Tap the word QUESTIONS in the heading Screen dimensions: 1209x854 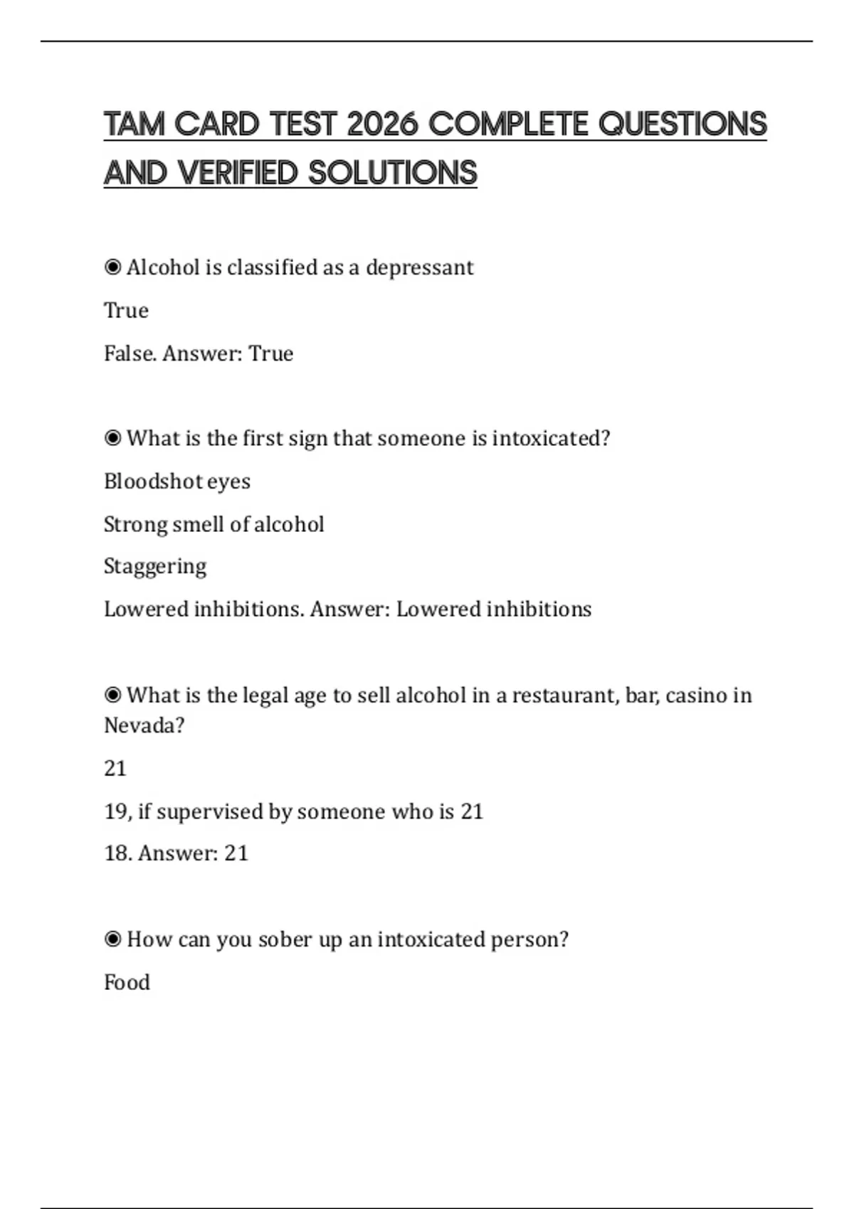pyautogui.click(x=682, y=124)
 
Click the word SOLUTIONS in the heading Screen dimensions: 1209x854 pyautogui.click(x=393, y=173)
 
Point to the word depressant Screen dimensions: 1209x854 pyautogui.click(x=419, y=268)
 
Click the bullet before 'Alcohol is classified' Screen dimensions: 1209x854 pyautogui.click(x=112, y=267)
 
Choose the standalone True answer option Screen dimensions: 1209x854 pyautogui.click(x=126, y=311)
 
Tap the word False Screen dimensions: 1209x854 pyautogui.click(x=130, y=353)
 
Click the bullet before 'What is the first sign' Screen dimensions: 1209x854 pyautogui.click(x=112, y=438)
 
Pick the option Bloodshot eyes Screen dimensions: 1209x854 pyautogui.click(x=177, y=481)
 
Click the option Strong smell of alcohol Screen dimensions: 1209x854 pyautogui.click(x=213, y=524)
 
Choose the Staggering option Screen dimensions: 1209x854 pyautogui.click(x=155, y=567)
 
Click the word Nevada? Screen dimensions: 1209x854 pyautogui.click(x=144, y=725)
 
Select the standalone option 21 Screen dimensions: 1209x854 pyautogui.click(x=115, y=769)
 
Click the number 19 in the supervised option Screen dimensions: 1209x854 pyautogui.click(x=116, y=811)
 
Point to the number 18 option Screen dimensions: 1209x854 pyautogui.click(x=116, y=853)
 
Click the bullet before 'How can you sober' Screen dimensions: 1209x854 pyautogui.click(x=112, y=939)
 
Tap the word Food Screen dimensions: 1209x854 pyautogui.click(x=127, y=983)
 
